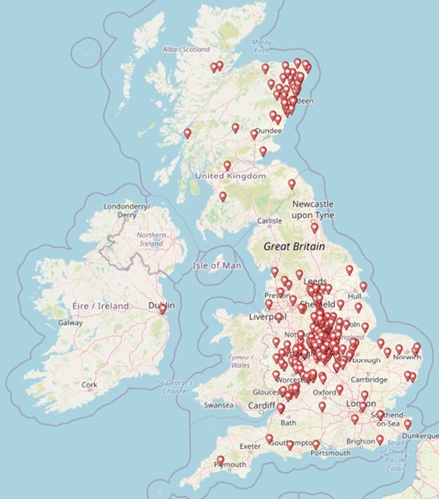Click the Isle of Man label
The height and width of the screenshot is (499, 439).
218,265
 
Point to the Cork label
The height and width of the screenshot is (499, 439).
89,384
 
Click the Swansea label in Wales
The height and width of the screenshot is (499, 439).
219,405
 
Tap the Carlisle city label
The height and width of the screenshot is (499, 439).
269,220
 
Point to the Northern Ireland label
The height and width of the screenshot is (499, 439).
151,239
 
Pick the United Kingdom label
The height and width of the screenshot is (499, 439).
230,176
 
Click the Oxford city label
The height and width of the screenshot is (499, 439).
323,391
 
